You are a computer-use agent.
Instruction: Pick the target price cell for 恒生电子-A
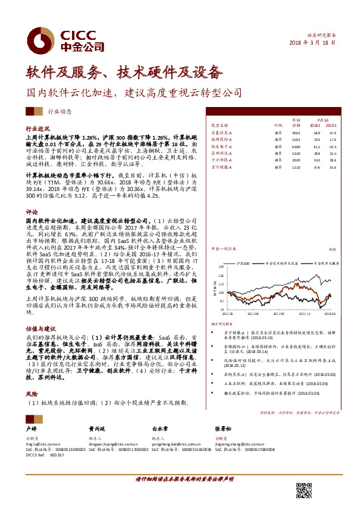click(296, 146)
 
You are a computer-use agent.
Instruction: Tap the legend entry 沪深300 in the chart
click(243, 264)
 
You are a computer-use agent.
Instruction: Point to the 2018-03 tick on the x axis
click(331, 313)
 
